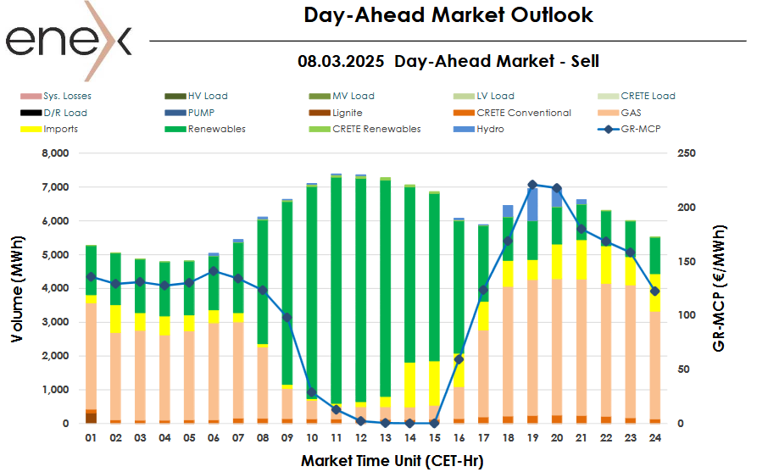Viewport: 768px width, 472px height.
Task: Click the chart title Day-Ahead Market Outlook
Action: tap(448, 15)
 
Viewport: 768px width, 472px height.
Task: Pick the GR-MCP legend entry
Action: tap(631, 129)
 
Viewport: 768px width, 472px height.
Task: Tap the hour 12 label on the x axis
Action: tap(361, 438)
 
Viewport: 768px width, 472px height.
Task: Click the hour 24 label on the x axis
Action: tap(654, 438)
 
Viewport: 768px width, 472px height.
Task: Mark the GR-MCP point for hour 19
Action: tap(532, 184)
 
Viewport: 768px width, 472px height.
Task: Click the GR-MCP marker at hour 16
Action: tap(459, 359)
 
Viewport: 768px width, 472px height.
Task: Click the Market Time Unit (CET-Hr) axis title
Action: tap(392, 459)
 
